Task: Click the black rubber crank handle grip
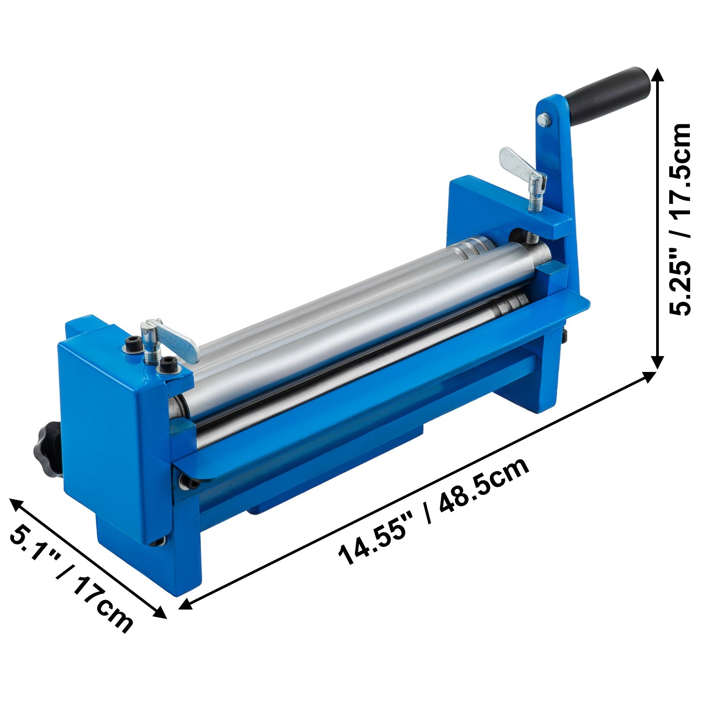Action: pyautogui.click(x=608, y=93)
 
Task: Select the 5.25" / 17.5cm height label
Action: pyautogui.click(x=680, y=219)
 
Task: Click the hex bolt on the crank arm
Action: pyautogui.click(x=544, y=120)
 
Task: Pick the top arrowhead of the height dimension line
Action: pyautogui.click(x=658, y=75)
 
